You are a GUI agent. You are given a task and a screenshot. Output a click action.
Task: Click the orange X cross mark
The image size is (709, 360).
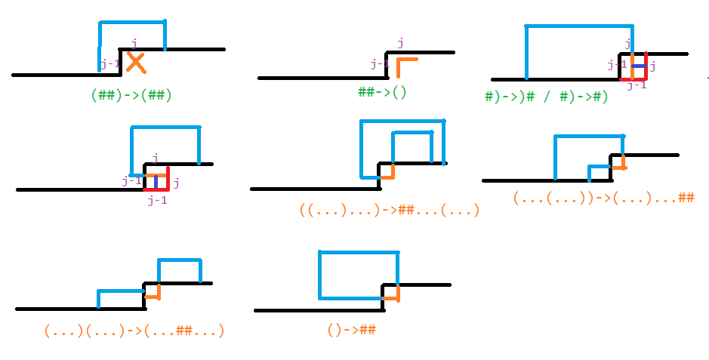(135, 62)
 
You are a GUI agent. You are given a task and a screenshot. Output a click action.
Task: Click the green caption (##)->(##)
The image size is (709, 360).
(131, 95)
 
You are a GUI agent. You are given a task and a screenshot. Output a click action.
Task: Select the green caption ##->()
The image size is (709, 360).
(382, 92)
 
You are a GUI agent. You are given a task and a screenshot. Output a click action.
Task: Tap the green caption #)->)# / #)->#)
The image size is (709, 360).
(546, 97)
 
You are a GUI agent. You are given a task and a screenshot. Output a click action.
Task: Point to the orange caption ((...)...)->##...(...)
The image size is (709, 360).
(390, 211)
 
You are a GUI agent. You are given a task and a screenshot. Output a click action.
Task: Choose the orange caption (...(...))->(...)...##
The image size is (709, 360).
(603, 198)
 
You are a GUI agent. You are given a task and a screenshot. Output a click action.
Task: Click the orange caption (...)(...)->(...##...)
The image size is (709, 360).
(134, 331)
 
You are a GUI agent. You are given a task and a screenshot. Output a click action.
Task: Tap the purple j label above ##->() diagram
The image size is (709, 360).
(400, 43)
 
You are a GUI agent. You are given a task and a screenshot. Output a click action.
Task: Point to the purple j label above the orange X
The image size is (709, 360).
(134, 43)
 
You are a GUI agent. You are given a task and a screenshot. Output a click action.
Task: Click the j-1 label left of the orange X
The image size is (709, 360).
(110, 63)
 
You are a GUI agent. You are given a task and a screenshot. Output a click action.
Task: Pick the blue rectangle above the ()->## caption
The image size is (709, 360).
(358, 253)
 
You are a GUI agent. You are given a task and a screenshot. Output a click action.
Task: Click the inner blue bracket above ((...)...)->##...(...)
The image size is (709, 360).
(412, 134)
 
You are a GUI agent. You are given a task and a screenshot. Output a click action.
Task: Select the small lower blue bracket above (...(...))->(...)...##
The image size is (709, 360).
(600, 167)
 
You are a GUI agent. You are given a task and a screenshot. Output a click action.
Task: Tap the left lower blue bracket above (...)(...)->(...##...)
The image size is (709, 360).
(121, 291)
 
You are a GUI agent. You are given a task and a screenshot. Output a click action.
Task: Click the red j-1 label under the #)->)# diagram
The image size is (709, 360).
(636, 85)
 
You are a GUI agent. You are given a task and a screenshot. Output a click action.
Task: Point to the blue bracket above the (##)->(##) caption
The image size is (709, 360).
(132, 23)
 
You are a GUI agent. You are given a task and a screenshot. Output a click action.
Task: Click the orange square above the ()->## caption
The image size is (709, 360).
(390, 293)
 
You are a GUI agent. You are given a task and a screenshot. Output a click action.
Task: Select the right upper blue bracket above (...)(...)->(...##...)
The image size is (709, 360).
(179, 261)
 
